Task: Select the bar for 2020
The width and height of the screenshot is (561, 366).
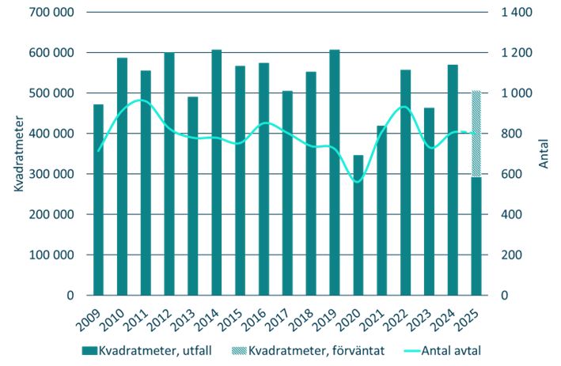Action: point(358,225)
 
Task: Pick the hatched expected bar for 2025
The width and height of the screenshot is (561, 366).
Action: point(476,134)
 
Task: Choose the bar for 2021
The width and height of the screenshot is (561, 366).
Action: point(382,209)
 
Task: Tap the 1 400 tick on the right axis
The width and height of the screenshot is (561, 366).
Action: point(515,12)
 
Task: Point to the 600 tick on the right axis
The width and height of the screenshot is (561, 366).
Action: point(510,174)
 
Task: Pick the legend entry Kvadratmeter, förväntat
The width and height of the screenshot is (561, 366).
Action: point(305,350)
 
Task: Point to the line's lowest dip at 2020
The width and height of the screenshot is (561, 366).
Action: point(357,182)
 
